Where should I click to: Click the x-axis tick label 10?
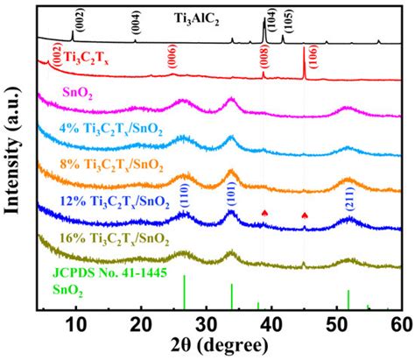coord(76,325)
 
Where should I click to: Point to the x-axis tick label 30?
coord(207,325)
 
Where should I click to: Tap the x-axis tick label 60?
coord(402,325)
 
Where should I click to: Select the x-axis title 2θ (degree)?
coord(219,346)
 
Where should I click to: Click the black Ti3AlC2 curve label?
coord(196,20)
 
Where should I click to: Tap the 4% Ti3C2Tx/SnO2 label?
coord(110,130)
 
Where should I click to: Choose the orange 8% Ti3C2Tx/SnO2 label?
coord(111,166)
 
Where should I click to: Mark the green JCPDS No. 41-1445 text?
coord(109,273)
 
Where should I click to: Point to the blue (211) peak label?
coord(350,199)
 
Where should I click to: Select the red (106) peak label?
coord(313,57)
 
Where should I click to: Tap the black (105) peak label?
coord(289,21)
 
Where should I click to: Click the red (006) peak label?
coord(172,57)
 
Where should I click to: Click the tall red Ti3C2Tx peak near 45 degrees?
coord(304,63)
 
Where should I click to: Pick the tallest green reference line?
coord(184,292)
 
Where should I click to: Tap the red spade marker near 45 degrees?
coord(305,215)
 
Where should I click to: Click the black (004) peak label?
coord(136,22)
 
